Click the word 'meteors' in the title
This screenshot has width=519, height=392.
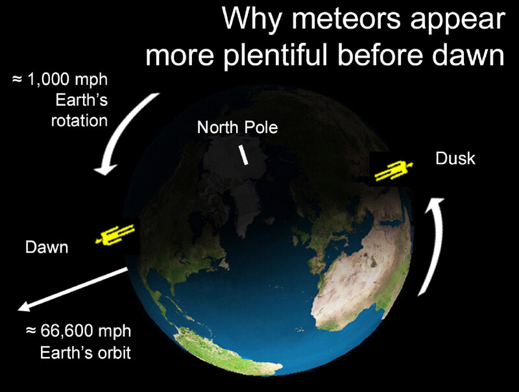(x=346, y=19)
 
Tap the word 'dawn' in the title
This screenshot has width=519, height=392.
(x=468, y=55)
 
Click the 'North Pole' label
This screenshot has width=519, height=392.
(x=237, y=127)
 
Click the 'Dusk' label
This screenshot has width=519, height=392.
(x=455, y=158)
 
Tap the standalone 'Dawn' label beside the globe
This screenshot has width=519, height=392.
(x=47, y=247)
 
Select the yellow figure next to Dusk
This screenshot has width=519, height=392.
(x=394, y=170)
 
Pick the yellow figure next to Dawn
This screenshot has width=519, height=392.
(x=115, y=234)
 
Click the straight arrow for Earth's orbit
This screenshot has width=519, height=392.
(x=73, y=289)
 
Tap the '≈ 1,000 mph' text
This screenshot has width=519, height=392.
(x=60, y=79)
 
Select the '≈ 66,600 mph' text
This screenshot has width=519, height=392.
(x=78, y=331)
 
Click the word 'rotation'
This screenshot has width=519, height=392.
(x=79, y=121)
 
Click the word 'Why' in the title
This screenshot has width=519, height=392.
(x=252, y=20)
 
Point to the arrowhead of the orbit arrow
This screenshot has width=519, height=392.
(x=24, y=307)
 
